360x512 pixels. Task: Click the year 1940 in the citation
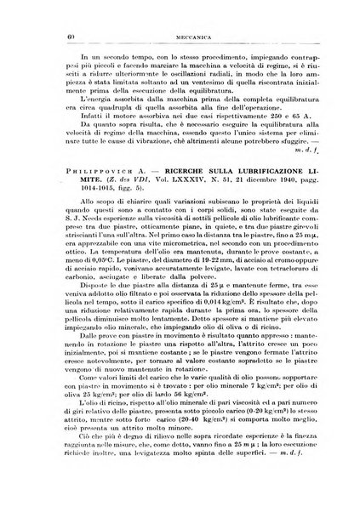click(x=269, y=208)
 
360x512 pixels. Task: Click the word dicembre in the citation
click(x=239, y=208)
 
